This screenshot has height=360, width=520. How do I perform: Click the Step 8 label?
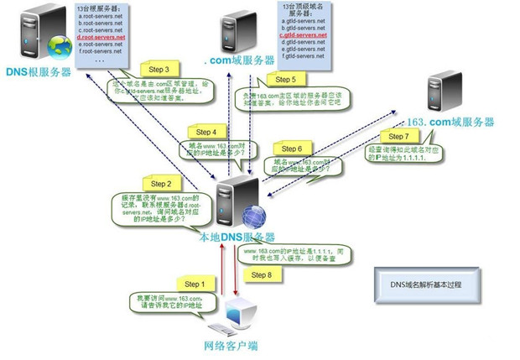pos(263,274)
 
